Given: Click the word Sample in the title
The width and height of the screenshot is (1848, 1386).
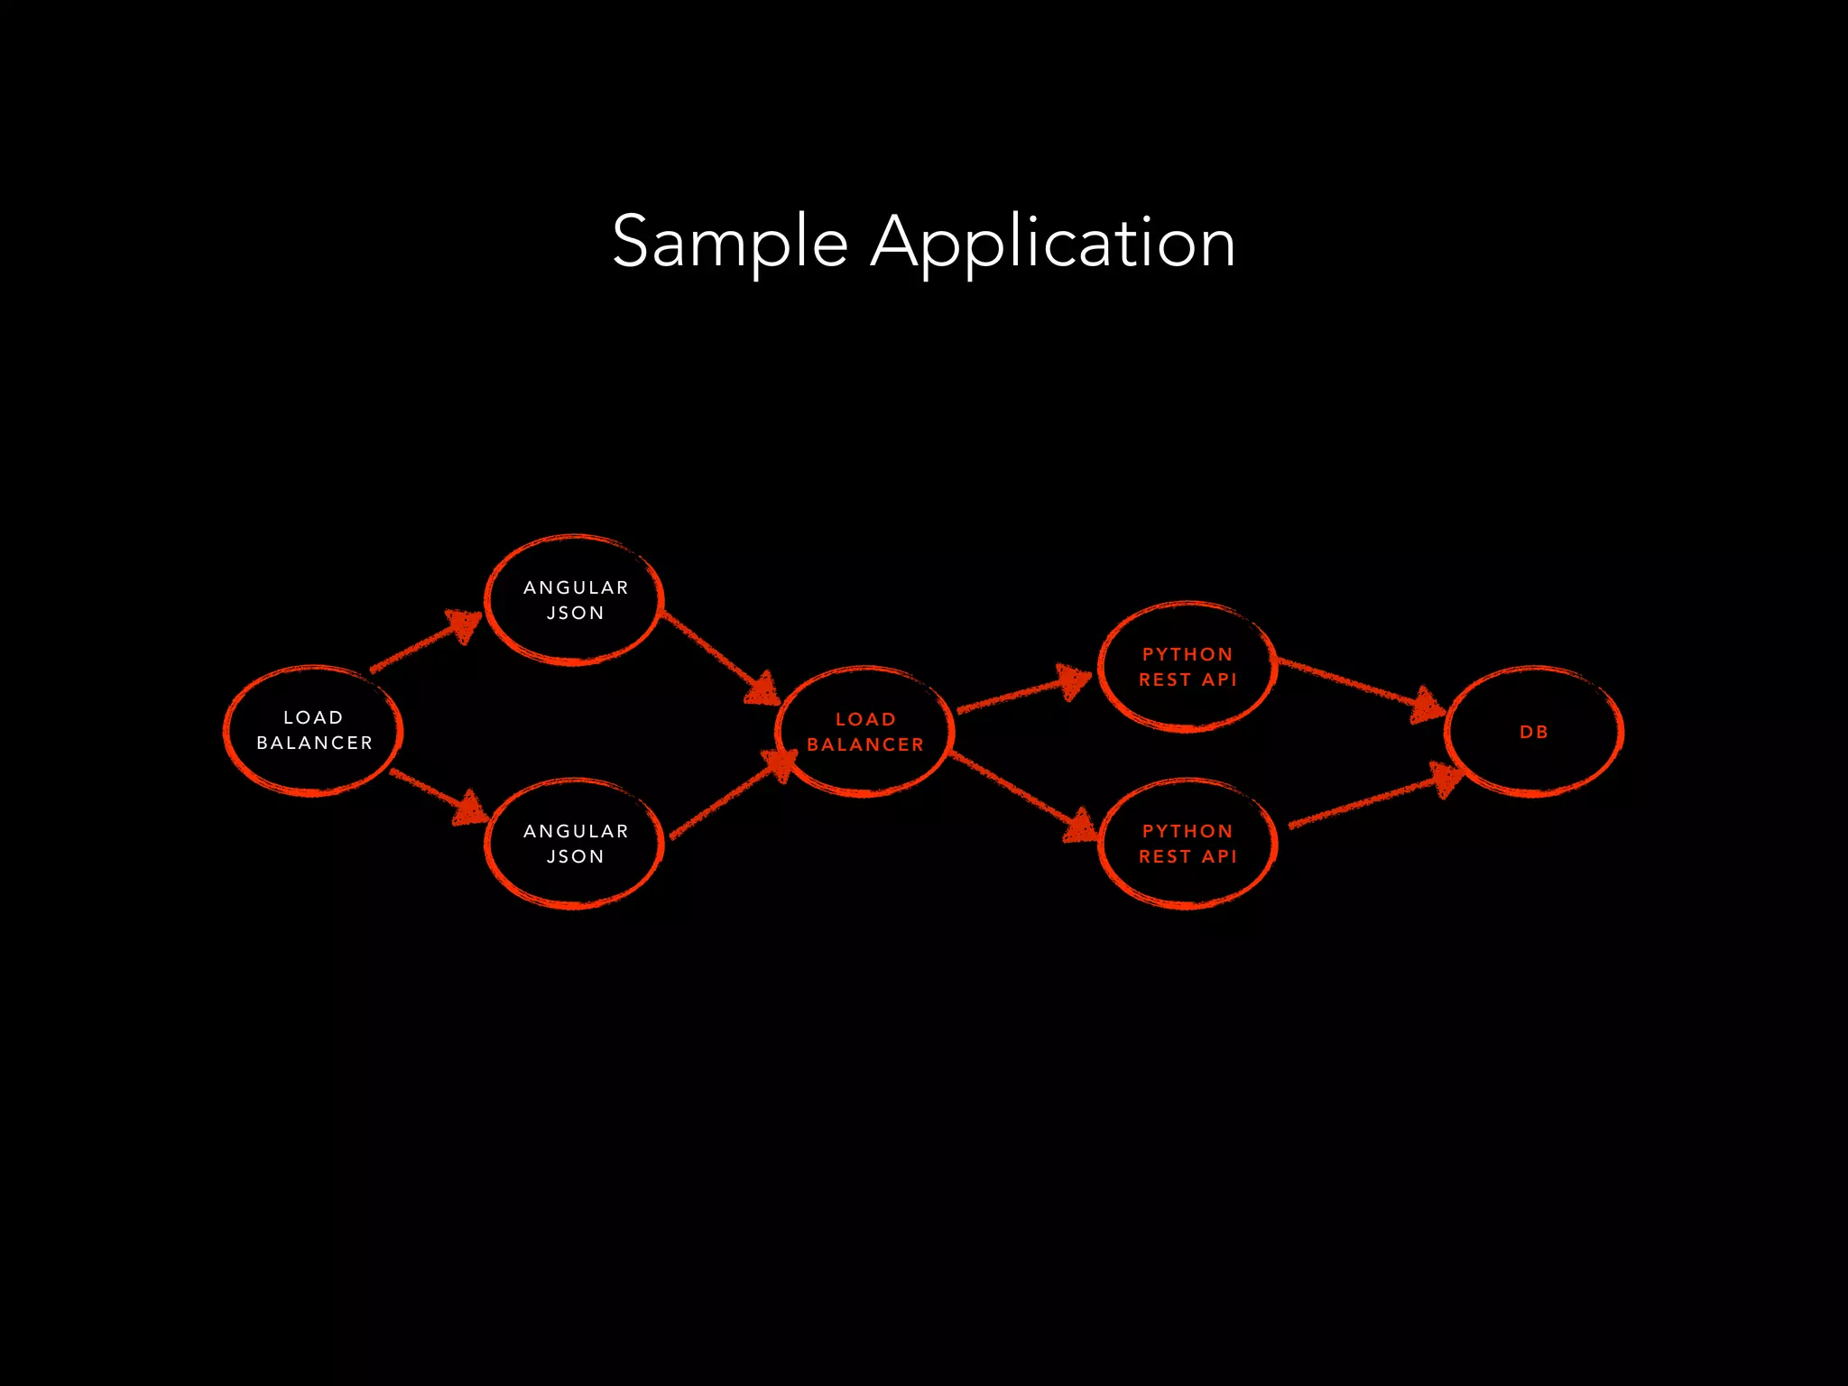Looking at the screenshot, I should [729, 242].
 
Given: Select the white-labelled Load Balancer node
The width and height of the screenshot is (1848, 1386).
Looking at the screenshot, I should [313, 731].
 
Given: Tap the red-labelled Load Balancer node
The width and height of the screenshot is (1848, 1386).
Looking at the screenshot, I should [864, 732].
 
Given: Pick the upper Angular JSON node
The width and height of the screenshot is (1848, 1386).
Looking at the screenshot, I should [575, 600].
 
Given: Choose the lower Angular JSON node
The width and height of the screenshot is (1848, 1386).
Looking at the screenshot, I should [575, 844].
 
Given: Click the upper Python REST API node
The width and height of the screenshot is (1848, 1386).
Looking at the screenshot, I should [1187, 667].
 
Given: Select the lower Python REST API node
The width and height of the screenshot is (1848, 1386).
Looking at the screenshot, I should [1187, 844].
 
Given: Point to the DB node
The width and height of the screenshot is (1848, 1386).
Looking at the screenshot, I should [1533, 732].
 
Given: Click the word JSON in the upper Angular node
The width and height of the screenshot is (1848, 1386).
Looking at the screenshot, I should [575, 614].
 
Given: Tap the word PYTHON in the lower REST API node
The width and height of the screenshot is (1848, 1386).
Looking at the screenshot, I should [1187, 831].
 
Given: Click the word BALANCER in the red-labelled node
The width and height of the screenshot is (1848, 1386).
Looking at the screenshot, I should [864, 745].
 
